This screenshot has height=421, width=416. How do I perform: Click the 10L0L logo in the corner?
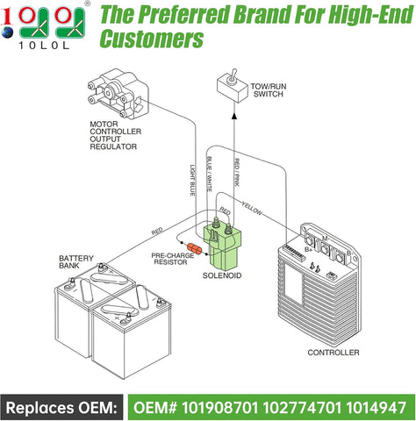(44, 26)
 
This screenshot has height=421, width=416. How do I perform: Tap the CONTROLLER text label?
(334, 352)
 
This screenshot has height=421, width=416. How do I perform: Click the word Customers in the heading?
(150, 39)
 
